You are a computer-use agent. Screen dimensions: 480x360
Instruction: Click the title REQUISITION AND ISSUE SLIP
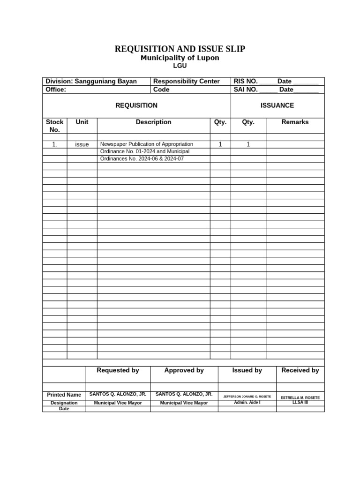click(x=180, y=49)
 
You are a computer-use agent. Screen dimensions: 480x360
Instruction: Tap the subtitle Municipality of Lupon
click(x=180, y=58)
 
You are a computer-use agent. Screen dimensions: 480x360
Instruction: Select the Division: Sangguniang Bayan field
click(x=91, y=81)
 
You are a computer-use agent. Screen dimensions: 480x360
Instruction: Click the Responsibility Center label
click(x=187, y=81)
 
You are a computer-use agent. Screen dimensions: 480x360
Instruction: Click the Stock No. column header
click(x=55, y=126)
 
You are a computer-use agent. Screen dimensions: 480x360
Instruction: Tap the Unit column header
click(x=82, y=122)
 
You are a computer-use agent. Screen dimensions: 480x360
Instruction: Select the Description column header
click(x=153, y=122)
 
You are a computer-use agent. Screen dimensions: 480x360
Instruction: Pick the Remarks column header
click(x=295, y=122)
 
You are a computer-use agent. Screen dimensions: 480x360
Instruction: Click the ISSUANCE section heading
click(x=277, y=105)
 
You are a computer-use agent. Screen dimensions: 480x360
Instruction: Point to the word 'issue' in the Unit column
click(x=82, y=144)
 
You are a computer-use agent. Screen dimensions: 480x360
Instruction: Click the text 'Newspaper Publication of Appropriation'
click(x=147, y=144)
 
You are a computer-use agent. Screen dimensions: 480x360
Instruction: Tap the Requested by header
click(x=118, y=370)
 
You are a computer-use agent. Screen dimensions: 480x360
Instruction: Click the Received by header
click(x=300, y=370)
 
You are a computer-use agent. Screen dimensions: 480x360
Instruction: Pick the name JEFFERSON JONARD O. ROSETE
click(x=247, y=397)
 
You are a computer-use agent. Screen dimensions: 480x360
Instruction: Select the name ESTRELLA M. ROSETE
click(x=300, y=397)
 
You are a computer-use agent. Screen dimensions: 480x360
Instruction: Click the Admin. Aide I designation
click(x=247, y=403)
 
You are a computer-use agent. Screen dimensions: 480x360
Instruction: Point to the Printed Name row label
click(x=64, y=395)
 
